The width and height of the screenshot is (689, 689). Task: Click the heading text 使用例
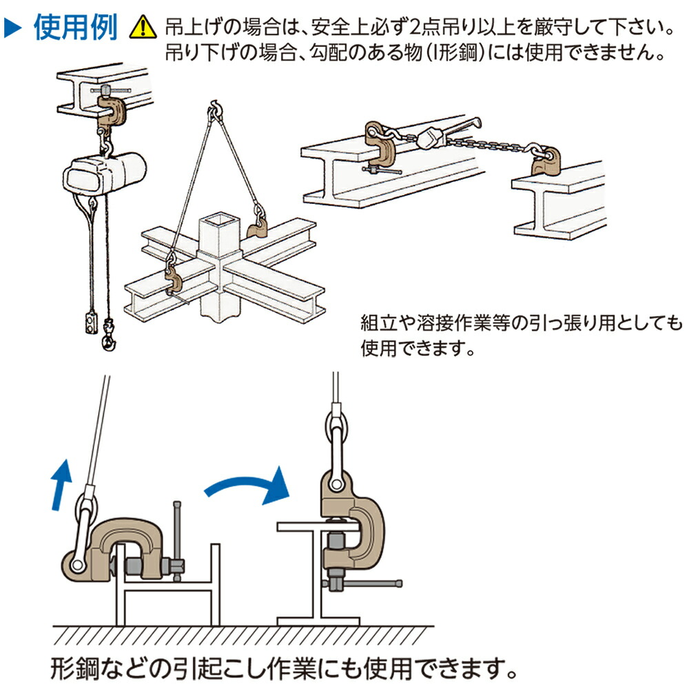(x=76, y=28)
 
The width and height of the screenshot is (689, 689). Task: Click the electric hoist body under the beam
(x=103, y=172)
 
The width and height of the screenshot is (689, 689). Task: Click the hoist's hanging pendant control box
(x=87, y=322)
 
